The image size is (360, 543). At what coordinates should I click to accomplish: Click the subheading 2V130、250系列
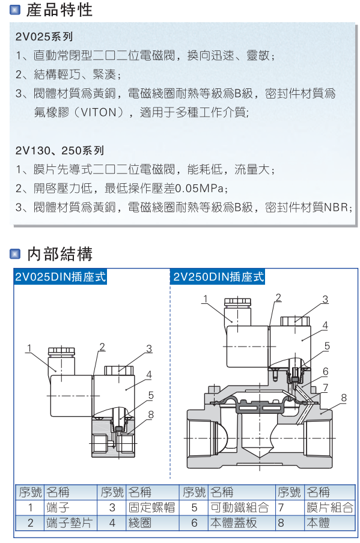coord(60,150)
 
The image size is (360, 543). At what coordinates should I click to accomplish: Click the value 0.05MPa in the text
coord(199,189)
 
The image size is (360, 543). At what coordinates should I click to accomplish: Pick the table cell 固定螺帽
coord(151,508)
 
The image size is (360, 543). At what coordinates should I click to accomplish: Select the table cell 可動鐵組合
coord(238,508)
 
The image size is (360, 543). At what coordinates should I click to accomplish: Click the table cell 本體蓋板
coord(233,523)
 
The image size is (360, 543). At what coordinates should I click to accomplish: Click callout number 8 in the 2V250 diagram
coord(344,397)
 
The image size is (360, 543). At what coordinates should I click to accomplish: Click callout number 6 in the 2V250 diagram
coord(325,371)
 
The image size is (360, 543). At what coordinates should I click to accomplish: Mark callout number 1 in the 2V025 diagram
coord(28,347)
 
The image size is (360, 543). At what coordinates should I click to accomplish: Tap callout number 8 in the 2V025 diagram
coord(151,414)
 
